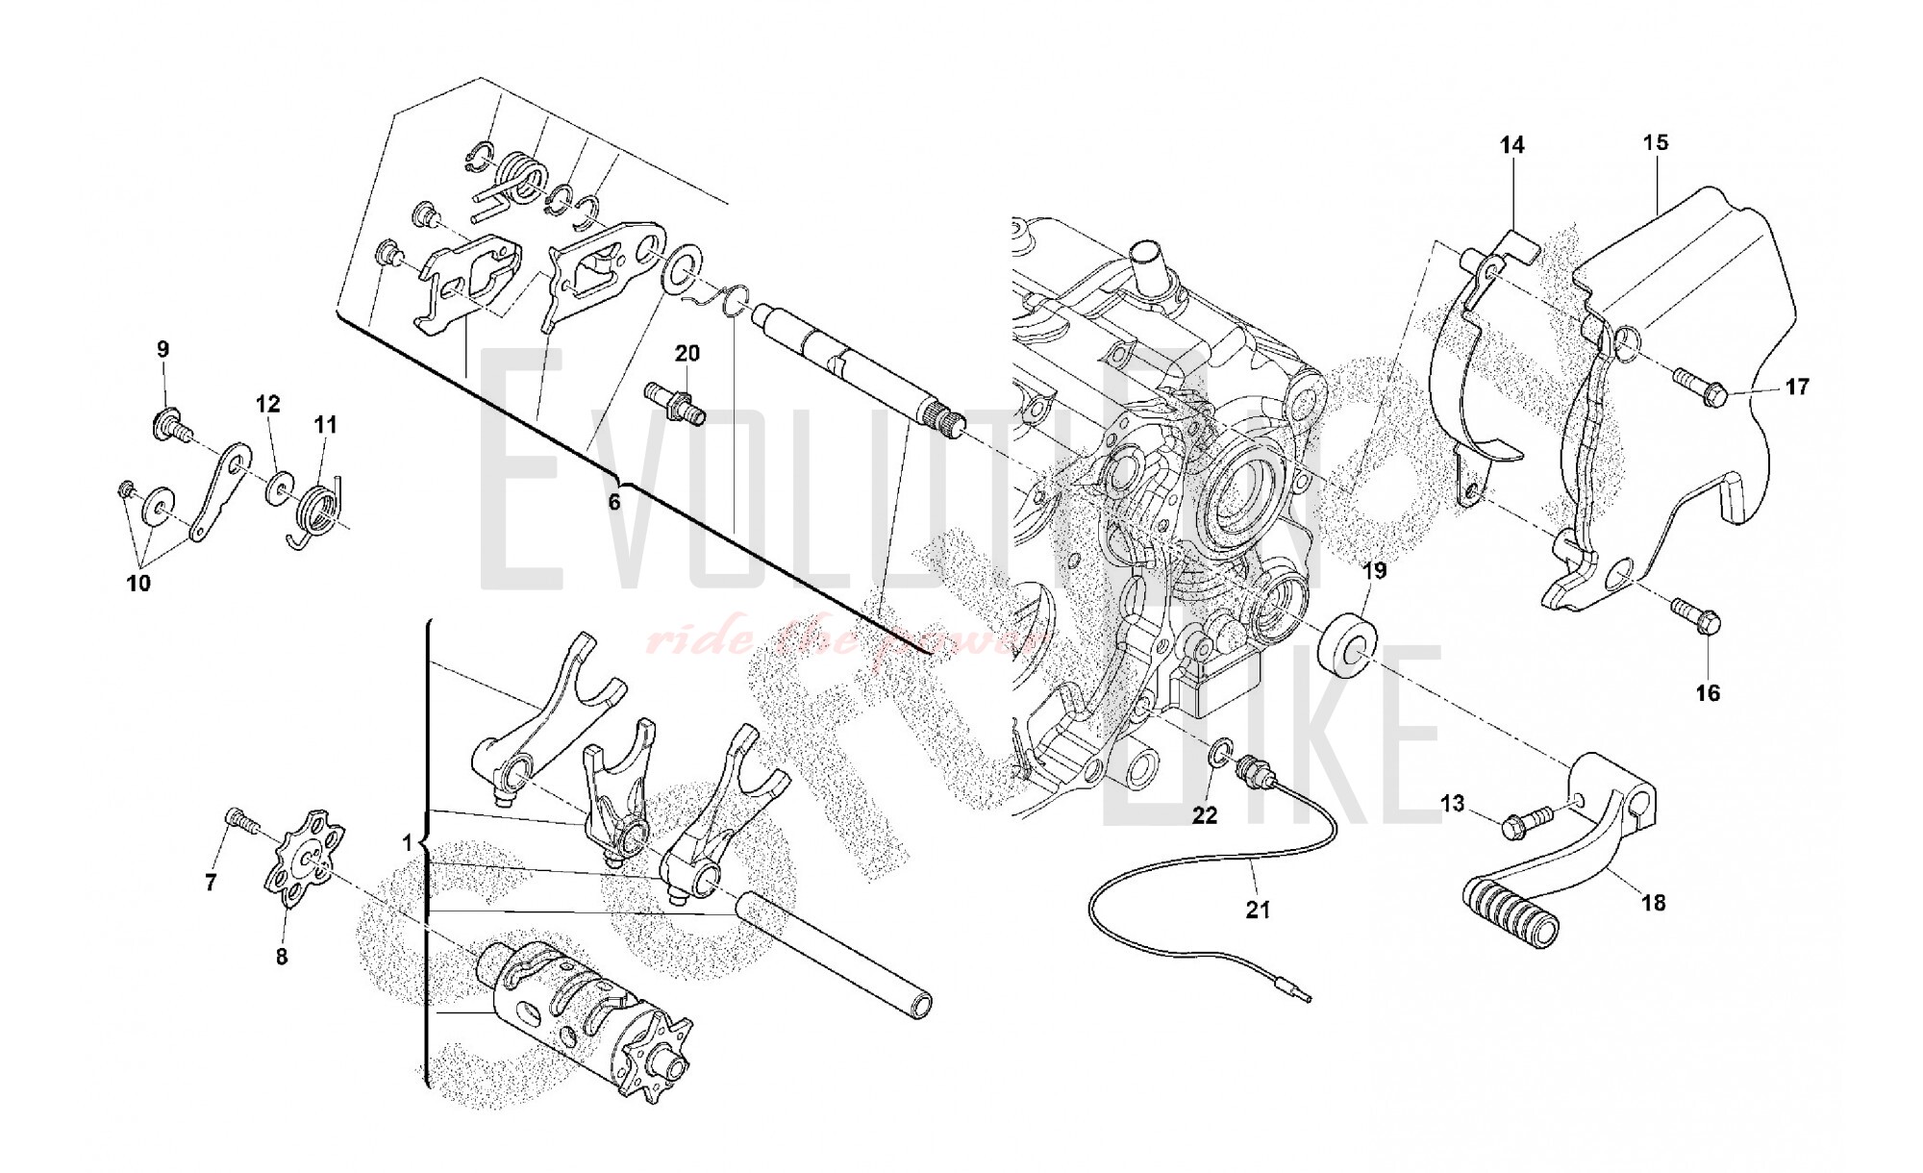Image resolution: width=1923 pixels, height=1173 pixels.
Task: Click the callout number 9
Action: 162,348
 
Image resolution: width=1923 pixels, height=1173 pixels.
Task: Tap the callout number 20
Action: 687,354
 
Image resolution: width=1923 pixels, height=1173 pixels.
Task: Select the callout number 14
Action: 1511,145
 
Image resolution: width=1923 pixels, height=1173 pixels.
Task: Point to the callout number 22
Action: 1205,815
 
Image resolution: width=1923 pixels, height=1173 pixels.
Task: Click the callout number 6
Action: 613,501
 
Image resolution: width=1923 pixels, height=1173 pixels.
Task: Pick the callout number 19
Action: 1375,571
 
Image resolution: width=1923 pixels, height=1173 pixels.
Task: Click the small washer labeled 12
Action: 279,485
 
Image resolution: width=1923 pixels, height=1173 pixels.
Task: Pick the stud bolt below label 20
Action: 679,404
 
